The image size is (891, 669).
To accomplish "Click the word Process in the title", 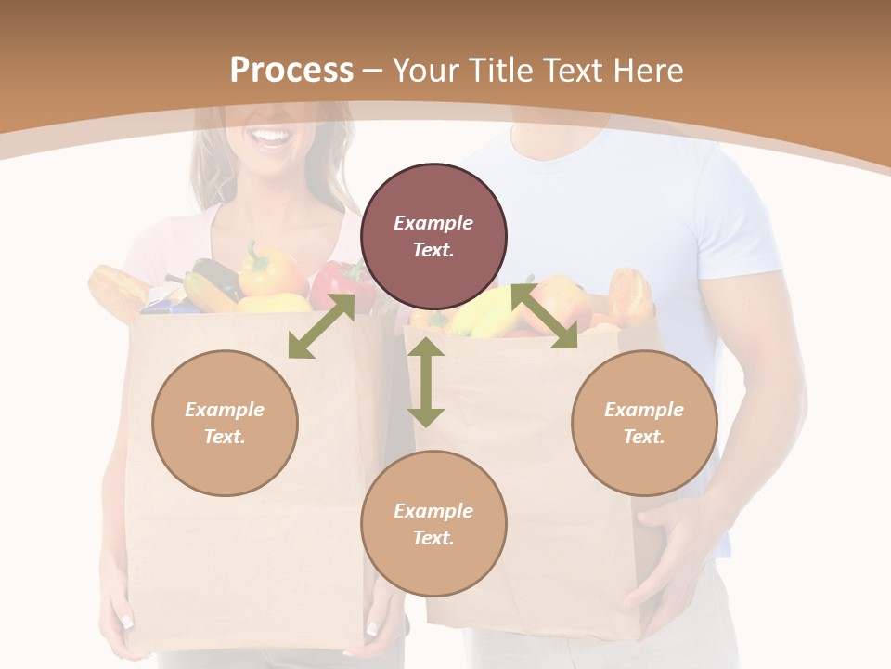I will click(x=291, y=71).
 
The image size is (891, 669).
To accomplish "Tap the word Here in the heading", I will click(x=646, y=71).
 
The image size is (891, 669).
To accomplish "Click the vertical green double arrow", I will click(x=426, y=382).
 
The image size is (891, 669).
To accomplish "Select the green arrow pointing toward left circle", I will click(x=321, y=326).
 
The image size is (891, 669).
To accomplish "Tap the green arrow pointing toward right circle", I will click(x=545, y=317).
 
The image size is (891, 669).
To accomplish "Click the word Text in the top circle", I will click(x=433, y=250).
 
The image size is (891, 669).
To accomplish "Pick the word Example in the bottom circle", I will click(x=433, y=511).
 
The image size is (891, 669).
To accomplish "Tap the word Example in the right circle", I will click(x=644, y=410).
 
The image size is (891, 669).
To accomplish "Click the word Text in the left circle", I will click(x=225, y=437).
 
